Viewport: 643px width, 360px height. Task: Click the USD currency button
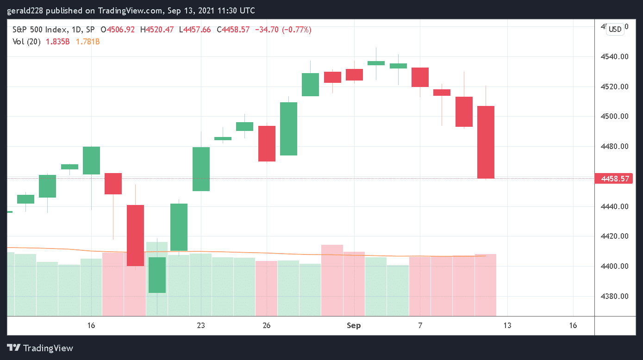[x=615, y=29]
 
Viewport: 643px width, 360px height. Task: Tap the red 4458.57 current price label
[x=615, y=179]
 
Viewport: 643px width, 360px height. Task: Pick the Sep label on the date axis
[x=354, y=325]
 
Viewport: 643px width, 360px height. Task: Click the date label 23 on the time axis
[x=200, y=325]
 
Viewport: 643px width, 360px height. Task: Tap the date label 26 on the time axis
[x=266, y=325]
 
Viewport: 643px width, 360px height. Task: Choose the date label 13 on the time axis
[x=507, y=325]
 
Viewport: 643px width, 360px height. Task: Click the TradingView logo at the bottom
[x=40, y=348]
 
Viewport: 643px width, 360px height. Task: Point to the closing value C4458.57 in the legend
[x=236, y=30]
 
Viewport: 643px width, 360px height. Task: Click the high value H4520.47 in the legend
[x=160, y=30]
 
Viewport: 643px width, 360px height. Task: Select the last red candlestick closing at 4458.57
[x=486, y=142]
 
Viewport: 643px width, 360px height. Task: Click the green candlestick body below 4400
[x=157, y=275]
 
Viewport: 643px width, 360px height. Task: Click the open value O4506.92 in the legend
[x=121, y=30]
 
